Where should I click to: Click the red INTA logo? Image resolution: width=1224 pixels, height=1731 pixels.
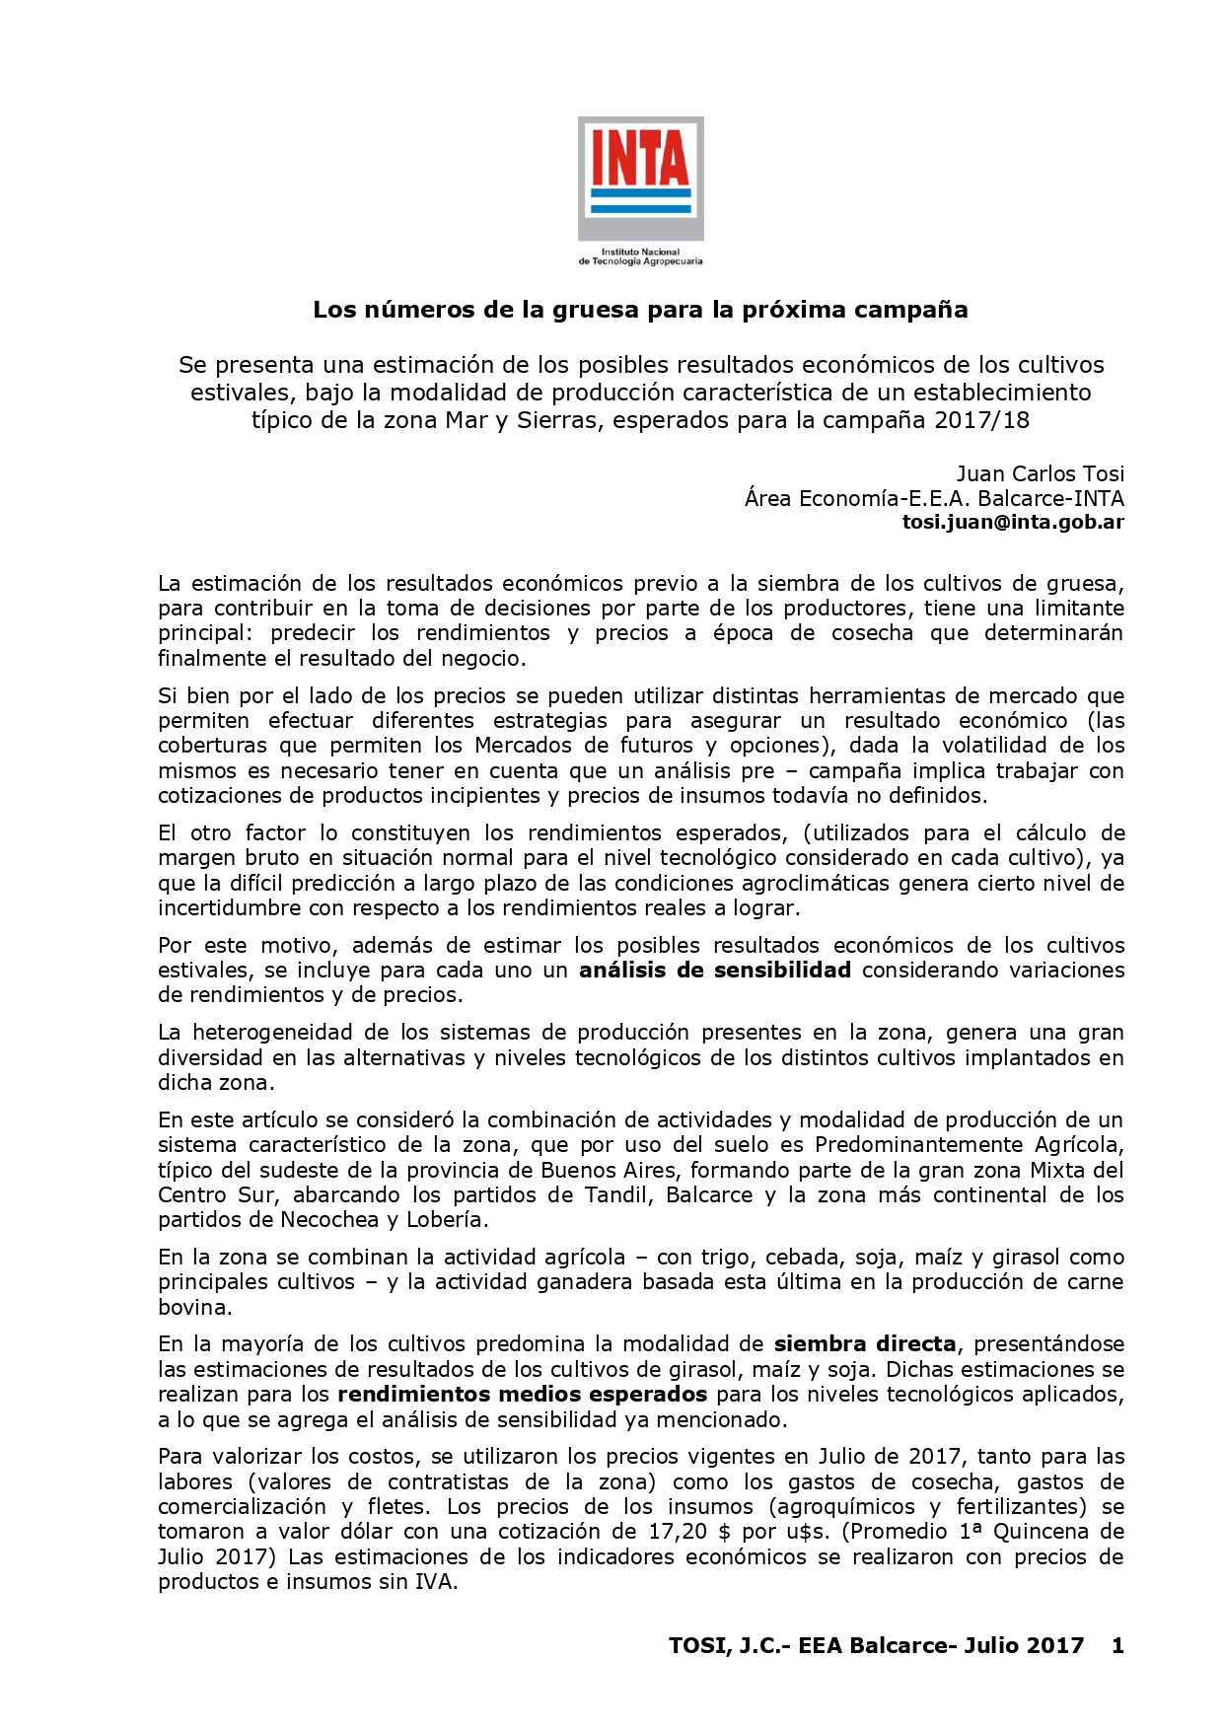pyautogui.click(x=640, y=179)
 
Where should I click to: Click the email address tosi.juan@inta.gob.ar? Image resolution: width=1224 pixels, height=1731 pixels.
pyautogui.click(x=1013, y=523)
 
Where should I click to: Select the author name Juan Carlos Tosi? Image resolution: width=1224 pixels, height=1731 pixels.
pyautogui.click(x=1040, y=473)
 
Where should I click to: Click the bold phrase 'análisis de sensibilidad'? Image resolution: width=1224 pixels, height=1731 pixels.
pyautogui.click(x=714, y=970)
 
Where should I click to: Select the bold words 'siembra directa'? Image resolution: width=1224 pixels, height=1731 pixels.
pyautogui.click(x=865, y=1343)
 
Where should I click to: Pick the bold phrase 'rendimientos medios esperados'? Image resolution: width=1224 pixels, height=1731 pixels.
pyautogui.click(x=522, y=1394)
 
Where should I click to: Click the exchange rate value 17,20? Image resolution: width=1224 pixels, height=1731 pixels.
pyautogui.click(x=685, y=1531)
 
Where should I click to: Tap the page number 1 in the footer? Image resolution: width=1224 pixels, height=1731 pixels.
pyautogui.click(x=1116, y=1645)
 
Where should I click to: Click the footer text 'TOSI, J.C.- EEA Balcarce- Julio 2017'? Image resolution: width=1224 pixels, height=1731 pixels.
pyautogui.click(x=876, y=1645)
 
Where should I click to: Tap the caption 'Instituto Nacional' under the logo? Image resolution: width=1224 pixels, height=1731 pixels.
pyautogui.click(x=640, y=252)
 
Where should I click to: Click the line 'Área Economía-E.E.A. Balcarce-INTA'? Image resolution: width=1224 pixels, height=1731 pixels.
pyautogui.click(x=934, y=498)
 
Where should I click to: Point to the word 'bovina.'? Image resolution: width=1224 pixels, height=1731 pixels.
pyautogui.click(x=194, y=1307)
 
